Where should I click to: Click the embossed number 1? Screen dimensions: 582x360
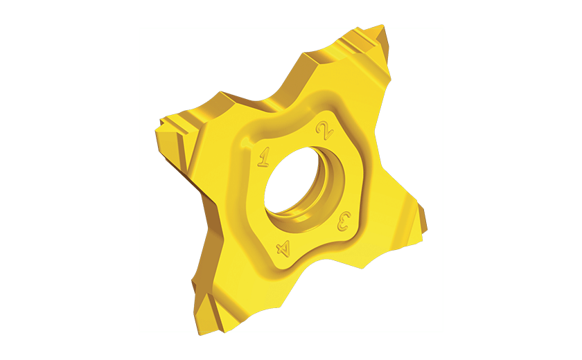pos(264,157)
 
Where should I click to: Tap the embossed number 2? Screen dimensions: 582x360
pos(324,131)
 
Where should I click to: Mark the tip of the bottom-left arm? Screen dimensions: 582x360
pos(200,334)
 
